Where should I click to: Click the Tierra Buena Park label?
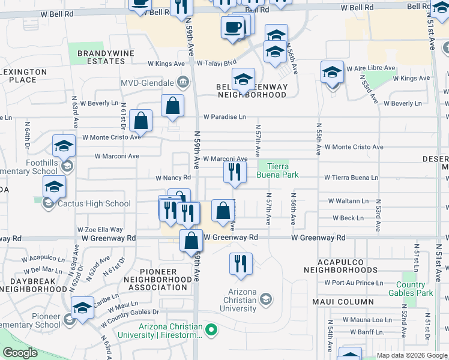273,170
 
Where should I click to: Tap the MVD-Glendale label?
147,82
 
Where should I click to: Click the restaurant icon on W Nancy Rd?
235,172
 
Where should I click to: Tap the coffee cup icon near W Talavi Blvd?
232,27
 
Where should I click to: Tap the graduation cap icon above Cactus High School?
55,187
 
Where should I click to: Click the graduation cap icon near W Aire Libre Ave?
332,73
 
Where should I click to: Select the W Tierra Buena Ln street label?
351,178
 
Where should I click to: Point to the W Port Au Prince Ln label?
353,283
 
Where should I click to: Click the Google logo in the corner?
20,353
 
